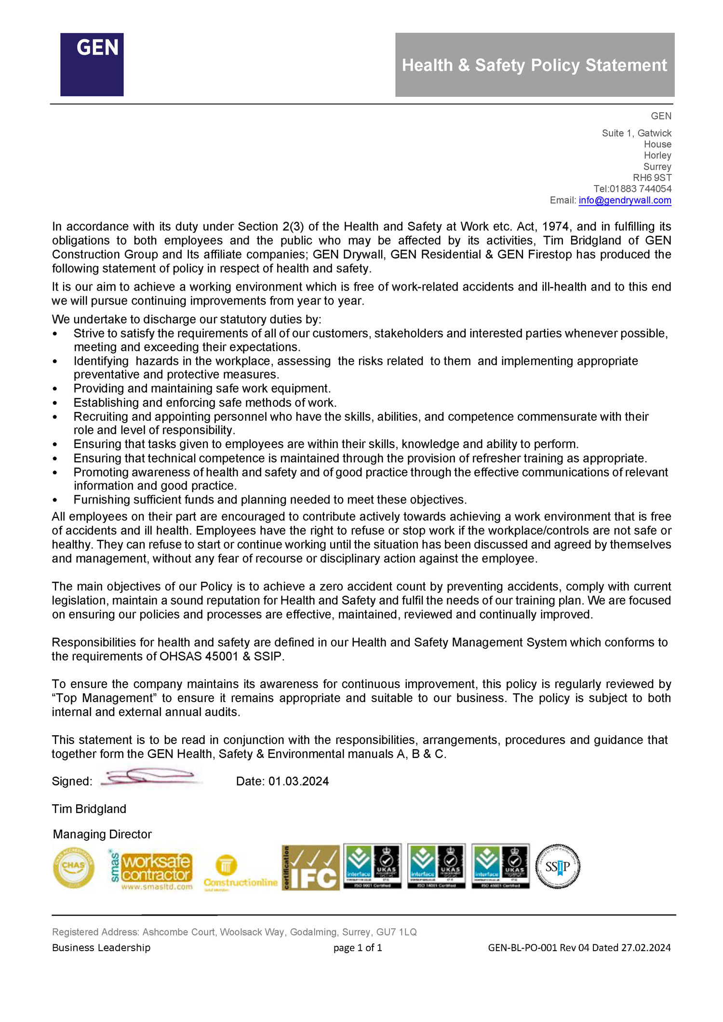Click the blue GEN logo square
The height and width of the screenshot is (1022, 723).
click(x=92, y=65)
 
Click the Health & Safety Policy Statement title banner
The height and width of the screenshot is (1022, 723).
click(x=535, y=65)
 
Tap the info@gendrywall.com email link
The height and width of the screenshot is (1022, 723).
click(x=625, y=200)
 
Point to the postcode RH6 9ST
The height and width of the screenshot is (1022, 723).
click(x=652, y=178)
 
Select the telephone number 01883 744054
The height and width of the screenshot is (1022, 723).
click(x=641, y=189)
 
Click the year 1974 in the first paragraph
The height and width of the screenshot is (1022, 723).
click(x=555, y=226)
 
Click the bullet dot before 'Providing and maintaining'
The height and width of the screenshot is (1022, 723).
click(x=55, y=389)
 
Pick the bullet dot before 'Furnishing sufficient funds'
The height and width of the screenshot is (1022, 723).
click(x=55, y=500)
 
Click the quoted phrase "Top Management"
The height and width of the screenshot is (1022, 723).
click(x=103, y=698)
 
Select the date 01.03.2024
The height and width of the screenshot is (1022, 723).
click(x=298, y=781)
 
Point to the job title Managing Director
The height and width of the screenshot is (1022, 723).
click(x=102, y=834)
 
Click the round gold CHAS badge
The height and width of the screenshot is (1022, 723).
click(x=73, y=868)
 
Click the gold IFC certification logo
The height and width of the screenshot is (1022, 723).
click(x=310, y=867)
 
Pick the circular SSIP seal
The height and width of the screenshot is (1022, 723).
click(x=558, y=866)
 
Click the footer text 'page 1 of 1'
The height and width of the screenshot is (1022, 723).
click(x=358, y=948)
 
